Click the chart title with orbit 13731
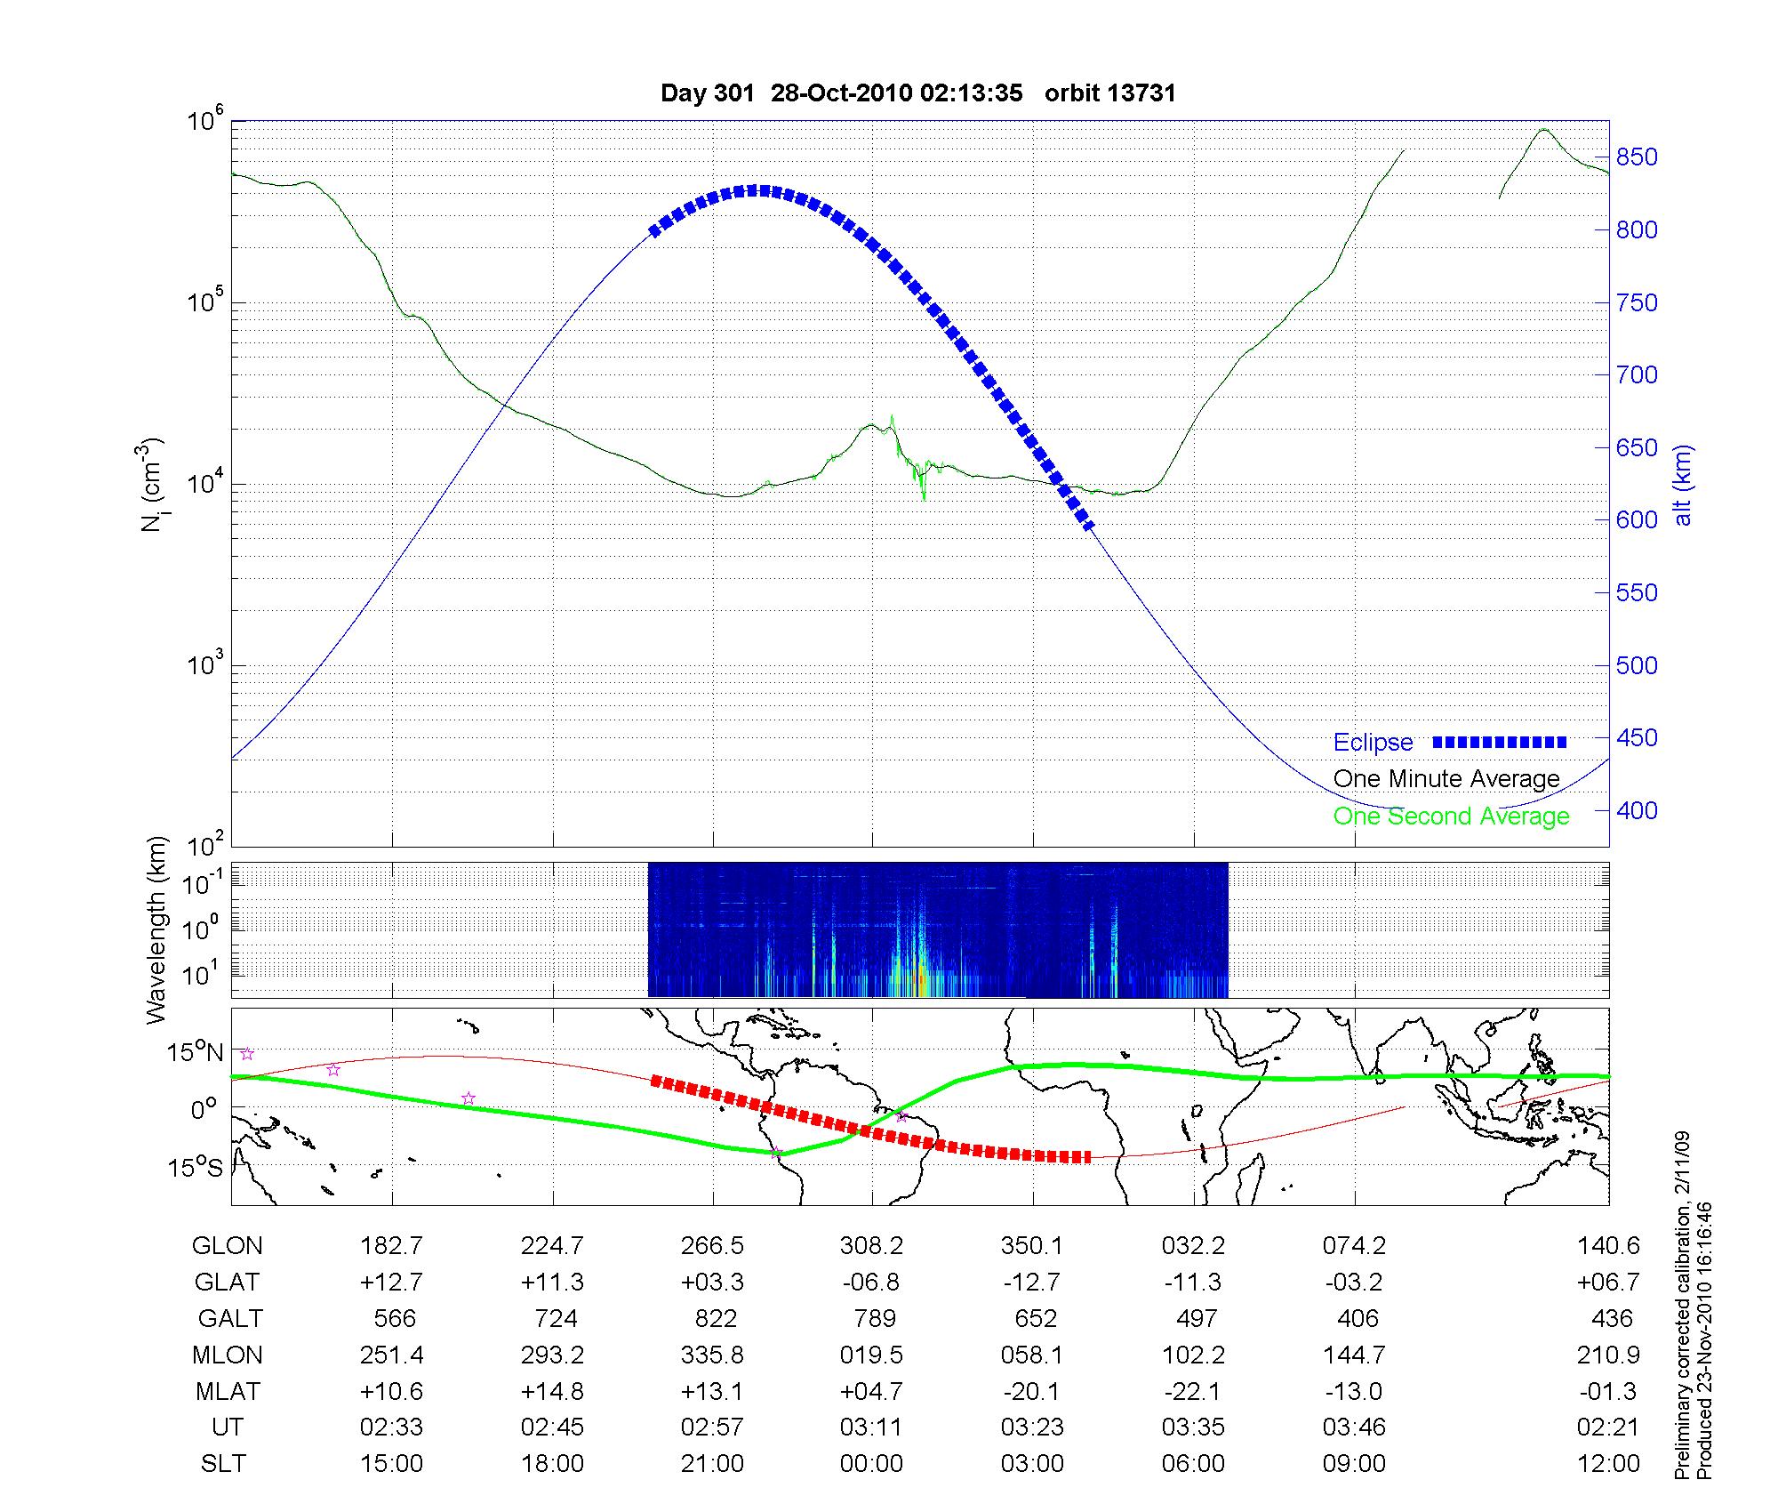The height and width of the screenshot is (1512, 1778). tap(918, 93)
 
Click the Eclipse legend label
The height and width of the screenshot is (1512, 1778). tap(1373, 743)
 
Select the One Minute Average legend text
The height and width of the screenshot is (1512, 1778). tap(1446, 779)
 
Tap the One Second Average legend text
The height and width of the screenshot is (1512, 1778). tap(1451, 816)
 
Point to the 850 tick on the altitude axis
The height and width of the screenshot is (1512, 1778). tap(1637, 157)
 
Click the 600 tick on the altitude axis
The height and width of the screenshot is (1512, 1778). tap(1637, 520)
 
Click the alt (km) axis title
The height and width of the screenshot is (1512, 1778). tap(1682, 486)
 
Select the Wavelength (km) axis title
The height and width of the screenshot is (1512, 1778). tap(156, 929)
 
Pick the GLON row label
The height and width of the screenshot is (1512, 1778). tap(228, 1246)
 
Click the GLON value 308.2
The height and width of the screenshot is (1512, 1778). tap(871, 1246)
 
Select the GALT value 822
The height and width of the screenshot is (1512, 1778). tap(716, 1318)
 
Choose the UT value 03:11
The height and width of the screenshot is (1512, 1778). tap(871, 1428)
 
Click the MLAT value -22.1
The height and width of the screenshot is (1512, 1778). tap(1193, 1391)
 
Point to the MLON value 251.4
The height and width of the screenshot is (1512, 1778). tap(391, 1355)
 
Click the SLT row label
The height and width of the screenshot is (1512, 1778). tap(223, 1464)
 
